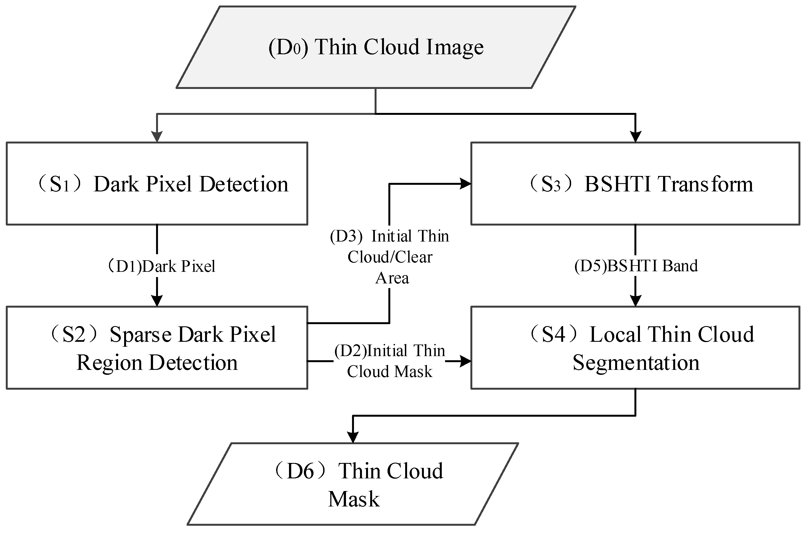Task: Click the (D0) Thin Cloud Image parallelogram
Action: (x=376, y=47)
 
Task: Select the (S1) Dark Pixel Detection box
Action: (x=157, y=184)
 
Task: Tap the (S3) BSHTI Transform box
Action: (x=635, y=184)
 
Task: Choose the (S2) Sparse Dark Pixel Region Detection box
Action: (x=157, y=348)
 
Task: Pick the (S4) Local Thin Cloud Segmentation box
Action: (x=635, y=348)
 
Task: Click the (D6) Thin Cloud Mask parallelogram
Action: (x=353, y=484)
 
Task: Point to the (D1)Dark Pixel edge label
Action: (x=161, y=266)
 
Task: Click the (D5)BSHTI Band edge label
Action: (x=636, y=266)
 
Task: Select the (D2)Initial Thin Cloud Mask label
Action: (x=389, y=361)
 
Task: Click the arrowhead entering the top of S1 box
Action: (x=157, y=137)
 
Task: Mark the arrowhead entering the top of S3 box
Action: (x=636, y=137)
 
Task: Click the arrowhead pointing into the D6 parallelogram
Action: (x=353, y=437)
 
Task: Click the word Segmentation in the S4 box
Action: (x=636, y=363)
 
